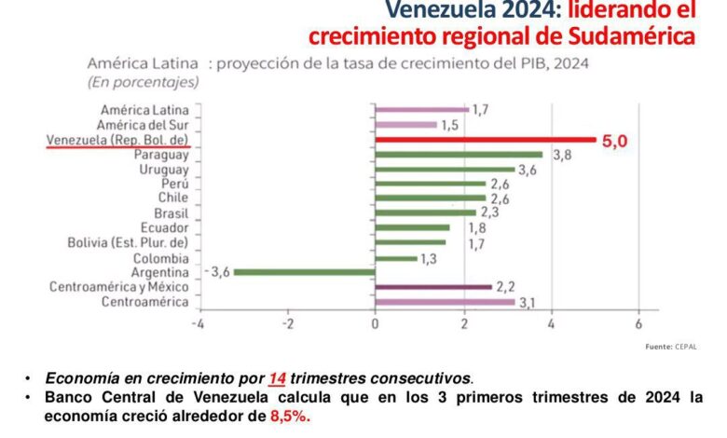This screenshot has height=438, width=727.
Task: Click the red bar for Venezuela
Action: pyautogui.click(x=485, y=140)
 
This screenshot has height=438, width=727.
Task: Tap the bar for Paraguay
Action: pyautogui.click(x=458, y=155)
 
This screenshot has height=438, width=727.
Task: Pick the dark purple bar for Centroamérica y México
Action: pyautogui.click(x=432, y=287)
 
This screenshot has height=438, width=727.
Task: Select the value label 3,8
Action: pyautogui.click(x=561, y=156)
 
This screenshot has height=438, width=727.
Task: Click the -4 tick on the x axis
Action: pyautogui.click(x=198, y=324)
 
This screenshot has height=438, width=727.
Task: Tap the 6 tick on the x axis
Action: pyautogui.click(x=638, y=324)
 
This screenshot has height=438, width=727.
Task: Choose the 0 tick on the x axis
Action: pyautogui.click(x=375, y=324)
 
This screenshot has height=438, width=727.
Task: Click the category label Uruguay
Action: pyautogui.click(x=164, y=170)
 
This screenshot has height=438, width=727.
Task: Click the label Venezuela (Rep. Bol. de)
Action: pyautogui.click(x=117, y=140)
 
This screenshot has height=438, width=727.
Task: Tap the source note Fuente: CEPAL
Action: pyautogui.click(x=670, y=347)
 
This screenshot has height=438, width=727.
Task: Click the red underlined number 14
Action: pyautogui.click(x=277, y=377)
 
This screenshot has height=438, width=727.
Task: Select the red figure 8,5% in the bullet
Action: pyautogui.click(x=290, y=416)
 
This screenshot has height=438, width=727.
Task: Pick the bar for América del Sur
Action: pyautogui.click(x=405, y=125)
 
